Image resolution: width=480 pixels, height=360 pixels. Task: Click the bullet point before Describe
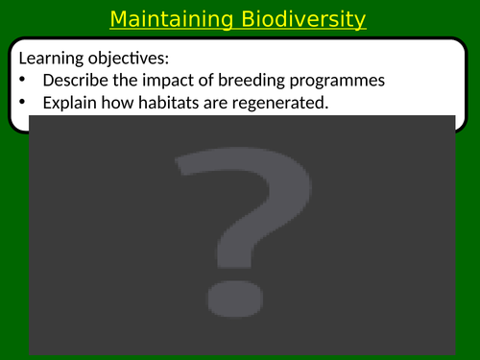click(x=23, y=80)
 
